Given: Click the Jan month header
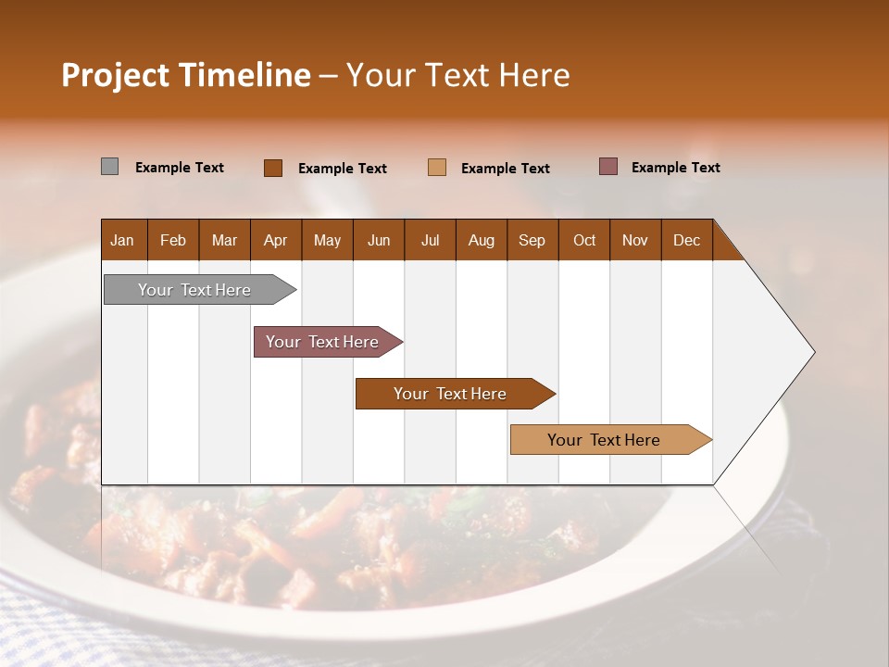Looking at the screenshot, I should (x=122, y=240).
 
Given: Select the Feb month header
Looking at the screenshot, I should (x=173, y=240).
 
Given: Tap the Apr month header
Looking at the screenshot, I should (x=275, y=240).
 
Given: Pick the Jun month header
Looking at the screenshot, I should (x=379, y=240).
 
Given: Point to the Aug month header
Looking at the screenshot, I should (x=481, y=240).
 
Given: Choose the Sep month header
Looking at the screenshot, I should (x=532, y=240).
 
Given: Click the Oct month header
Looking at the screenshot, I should (x=584, y=240).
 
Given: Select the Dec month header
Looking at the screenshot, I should (x=686, y=240).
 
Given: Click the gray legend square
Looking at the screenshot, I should (x=109, y=167).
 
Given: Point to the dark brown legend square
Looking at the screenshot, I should (x=272, y=168).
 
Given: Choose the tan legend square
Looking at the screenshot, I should (x=437, y=168).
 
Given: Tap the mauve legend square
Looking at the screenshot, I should (x=607, y=167).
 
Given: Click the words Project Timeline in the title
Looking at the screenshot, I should (x=185, y=75).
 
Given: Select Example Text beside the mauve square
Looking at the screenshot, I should (x=675, y=168).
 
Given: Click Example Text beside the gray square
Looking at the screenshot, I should (x=179, y=168).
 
